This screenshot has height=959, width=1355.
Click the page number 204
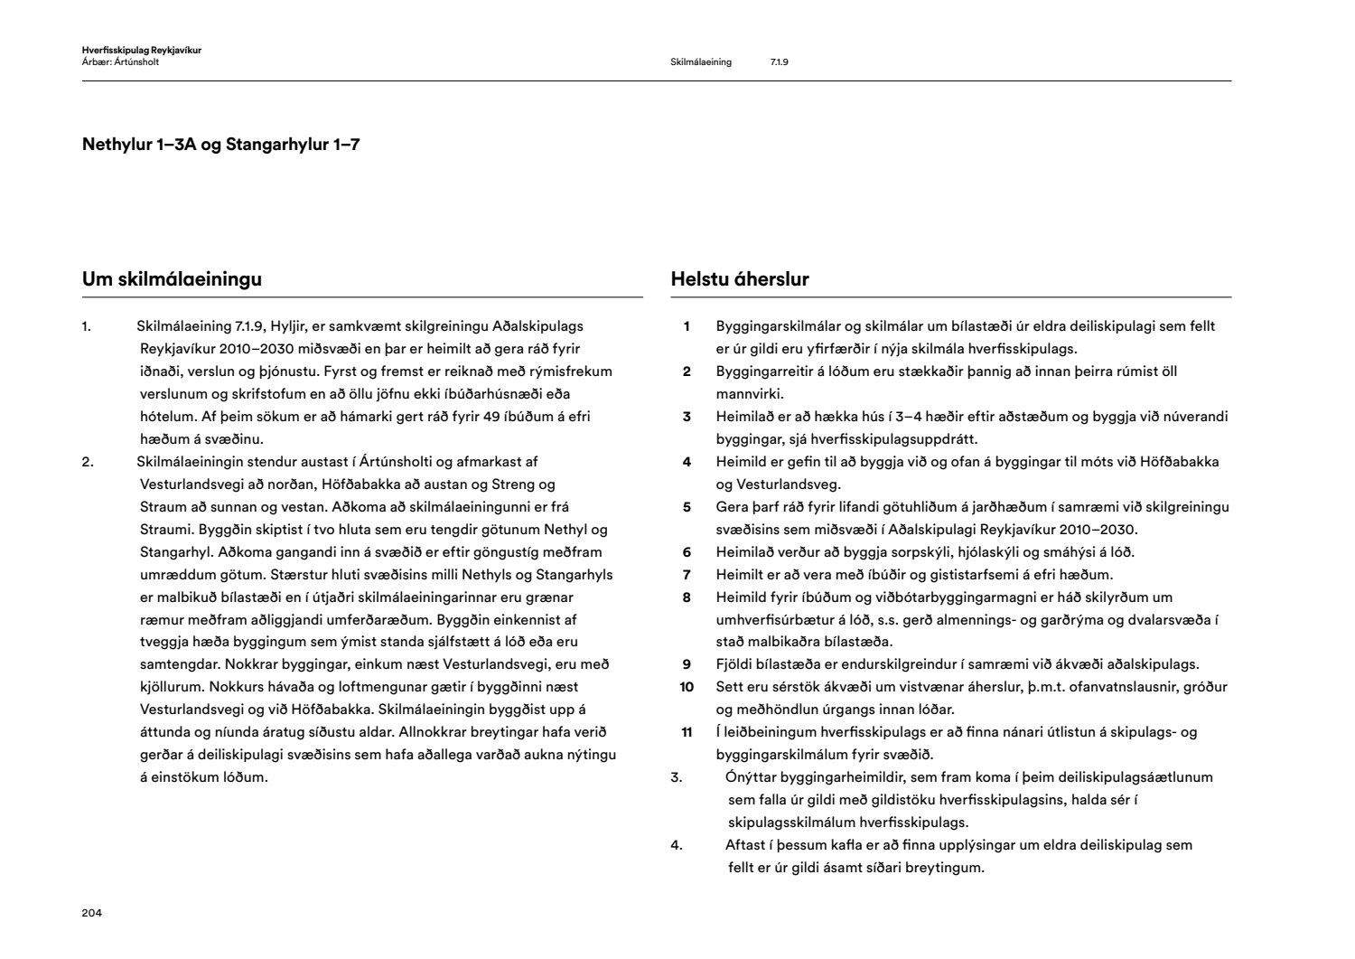pyautogui.click(x=91, y=913)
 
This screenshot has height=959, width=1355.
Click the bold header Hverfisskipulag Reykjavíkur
pyautogui.click(x=141, y=51)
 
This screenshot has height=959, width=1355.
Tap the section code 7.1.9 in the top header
pyautogui.click(x=780, y=62)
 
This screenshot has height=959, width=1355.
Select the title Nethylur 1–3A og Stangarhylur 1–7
pyautogui.click(x=220, y=145)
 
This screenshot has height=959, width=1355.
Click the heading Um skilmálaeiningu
pyautogui.click(x=172, y=279)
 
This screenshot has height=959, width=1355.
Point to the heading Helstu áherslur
pyautogui.click(x=740, y=279)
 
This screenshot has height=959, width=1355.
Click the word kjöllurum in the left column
pyautogui.click(x=171, y=687)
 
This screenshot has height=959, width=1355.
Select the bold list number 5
pyautogui.click(x=687, y=507)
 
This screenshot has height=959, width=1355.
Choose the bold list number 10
pyautogui.click(x=687, y=687)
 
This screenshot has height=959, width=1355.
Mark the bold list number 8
pyautogui.click(x=687, y=597)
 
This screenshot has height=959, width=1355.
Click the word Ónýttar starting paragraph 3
pyautogui.click(x=752, y=777)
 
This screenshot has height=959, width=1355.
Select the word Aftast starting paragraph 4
pyautogui.click(x=745, y=845)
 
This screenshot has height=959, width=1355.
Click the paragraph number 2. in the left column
pyautogui.click(x=88, y=462)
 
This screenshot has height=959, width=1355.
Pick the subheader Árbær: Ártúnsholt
pyautogui.click(x=120, y=62)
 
